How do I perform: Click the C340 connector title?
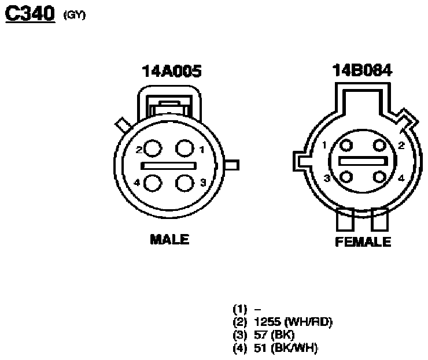[x=30, y=14]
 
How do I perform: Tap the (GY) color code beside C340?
[x=75, y=14]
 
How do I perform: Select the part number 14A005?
[x=172, y=71]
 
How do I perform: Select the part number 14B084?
[x=362, y=70]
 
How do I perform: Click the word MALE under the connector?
[x=169, y=239]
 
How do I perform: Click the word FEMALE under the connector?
[x=363, y=242]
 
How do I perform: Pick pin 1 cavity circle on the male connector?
[x=185, y=149]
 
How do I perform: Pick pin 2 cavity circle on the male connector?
[x=152, y=149]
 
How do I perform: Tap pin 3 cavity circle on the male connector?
[x=185, y=183]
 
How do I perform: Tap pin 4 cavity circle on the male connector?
[x=152, y=183]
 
